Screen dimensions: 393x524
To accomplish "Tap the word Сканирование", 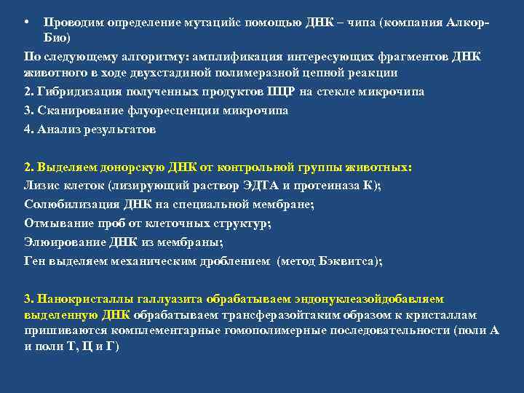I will click(82, 111).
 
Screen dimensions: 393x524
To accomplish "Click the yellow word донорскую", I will click(125, 167).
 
